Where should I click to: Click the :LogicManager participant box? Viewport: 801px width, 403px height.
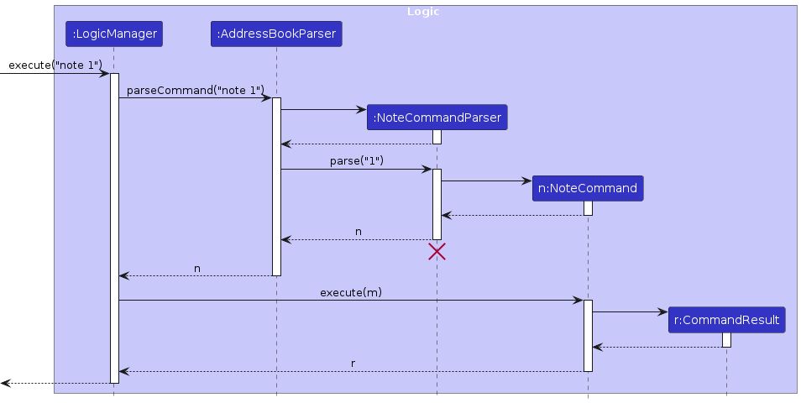(113, 34)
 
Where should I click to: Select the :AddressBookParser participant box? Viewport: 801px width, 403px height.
(276, 34)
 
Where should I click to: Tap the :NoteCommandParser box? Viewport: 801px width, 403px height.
(437, 118)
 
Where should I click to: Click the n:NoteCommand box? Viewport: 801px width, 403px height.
(587, 188)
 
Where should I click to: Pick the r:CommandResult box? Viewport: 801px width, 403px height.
(726, 320)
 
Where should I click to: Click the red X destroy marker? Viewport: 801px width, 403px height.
(437, 251)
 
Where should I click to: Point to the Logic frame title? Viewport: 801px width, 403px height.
(422, 12)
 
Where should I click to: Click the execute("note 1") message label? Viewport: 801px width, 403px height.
(55, 65)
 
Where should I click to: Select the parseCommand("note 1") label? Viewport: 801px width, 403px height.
(195, 90)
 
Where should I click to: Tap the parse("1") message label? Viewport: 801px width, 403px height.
(356, 160)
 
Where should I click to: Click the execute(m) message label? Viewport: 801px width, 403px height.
(351, 292)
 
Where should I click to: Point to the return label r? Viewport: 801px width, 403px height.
(353, 364)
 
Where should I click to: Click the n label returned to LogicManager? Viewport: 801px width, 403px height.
(197, 269)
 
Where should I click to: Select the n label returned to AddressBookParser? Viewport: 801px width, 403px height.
(359, 232)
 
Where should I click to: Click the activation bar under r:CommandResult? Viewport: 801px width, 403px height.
(726, 339)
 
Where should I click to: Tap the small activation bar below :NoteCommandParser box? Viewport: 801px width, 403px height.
(437, 137)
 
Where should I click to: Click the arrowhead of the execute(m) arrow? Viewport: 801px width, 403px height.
(578, 300)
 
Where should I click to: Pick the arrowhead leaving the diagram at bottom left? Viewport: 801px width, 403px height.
(5, 383)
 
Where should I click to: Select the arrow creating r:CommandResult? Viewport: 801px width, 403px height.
(630, 312)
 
